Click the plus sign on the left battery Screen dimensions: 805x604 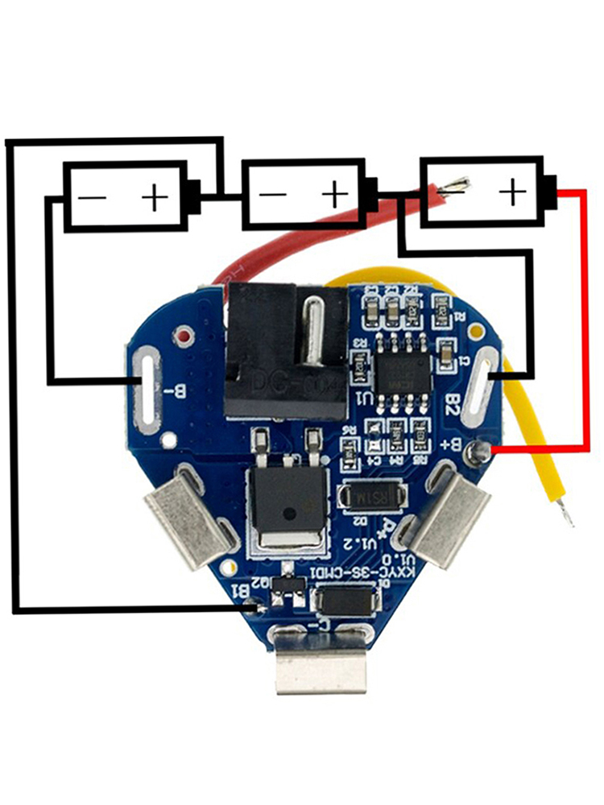tap(155, 196)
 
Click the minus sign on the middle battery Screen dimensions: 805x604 tap(273, 195)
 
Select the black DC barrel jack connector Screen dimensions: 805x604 tap(286, 350)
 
